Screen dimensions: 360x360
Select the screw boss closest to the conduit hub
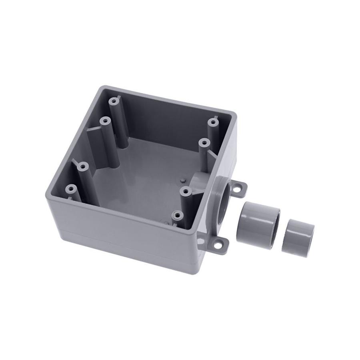point(184,192)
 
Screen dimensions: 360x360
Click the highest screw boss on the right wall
point(213,120)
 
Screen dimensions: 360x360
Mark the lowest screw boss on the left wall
point(72,188)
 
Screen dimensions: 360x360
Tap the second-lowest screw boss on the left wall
point(82,165)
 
